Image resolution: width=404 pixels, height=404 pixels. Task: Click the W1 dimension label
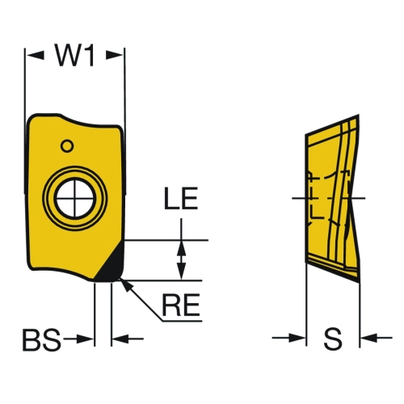[75, 55]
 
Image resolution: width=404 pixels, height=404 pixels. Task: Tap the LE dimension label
[181, 199]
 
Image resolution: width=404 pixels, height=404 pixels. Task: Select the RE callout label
[181, 305]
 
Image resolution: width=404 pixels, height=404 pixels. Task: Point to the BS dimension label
[42, 339]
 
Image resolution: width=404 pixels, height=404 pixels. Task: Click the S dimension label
[333, 339]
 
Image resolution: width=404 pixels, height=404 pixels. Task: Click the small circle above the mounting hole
[67, 146]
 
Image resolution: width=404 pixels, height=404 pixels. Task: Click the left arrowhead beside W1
[35, 55]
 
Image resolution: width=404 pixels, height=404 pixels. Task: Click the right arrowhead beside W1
[115, 55]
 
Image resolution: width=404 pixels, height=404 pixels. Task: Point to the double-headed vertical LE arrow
[182, 260]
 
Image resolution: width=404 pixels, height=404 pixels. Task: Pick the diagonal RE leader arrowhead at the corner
[126, 286]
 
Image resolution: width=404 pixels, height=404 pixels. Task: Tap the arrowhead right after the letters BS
[86, 339]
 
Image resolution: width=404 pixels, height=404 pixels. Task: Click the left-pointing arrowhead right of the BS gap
[120, 339]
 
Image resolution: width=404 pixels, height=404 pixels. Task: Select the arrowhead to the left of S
[297, 338]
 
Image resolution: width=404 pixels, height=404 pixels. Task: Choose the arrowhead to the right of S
[369, 338]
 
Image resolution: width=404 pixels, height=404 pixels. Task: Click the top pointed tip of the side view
[359, 115]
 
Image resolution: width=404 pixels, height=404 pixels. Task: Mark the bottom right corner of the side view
[359, 283]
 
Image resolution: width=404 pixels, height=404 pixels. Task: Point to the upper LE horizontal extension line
[166, 240]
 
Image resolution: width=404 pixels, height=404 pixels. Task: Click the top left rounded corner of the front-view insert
[32, 119]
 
